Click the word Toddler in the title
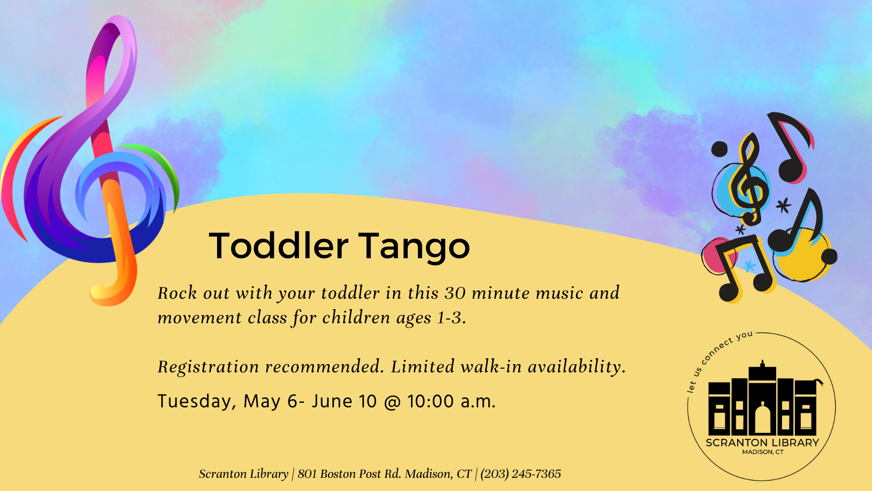tap(278, 245)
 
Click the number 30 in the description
tap(455, 293)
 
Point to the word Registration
tap(208, 367)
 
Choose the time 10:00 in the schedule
tap(430, 401)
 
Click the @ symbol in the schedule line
tap(392, 402)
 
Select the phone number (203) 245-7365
tap(521, 474)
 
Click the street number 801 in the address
tap(307, 474)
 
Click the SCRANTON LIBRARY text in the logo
tap(763, 443)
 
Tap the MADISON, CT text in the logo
tap(763, 452)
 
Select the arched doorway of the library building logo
tap(763, 419)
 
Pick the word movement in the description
tap(199, 318)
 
